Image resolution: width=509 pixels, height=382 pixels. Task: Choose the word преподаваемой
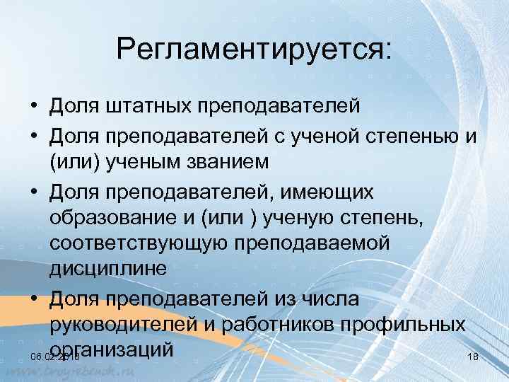317,243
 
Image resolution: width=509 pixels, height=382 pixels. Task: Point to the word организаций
113,349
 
